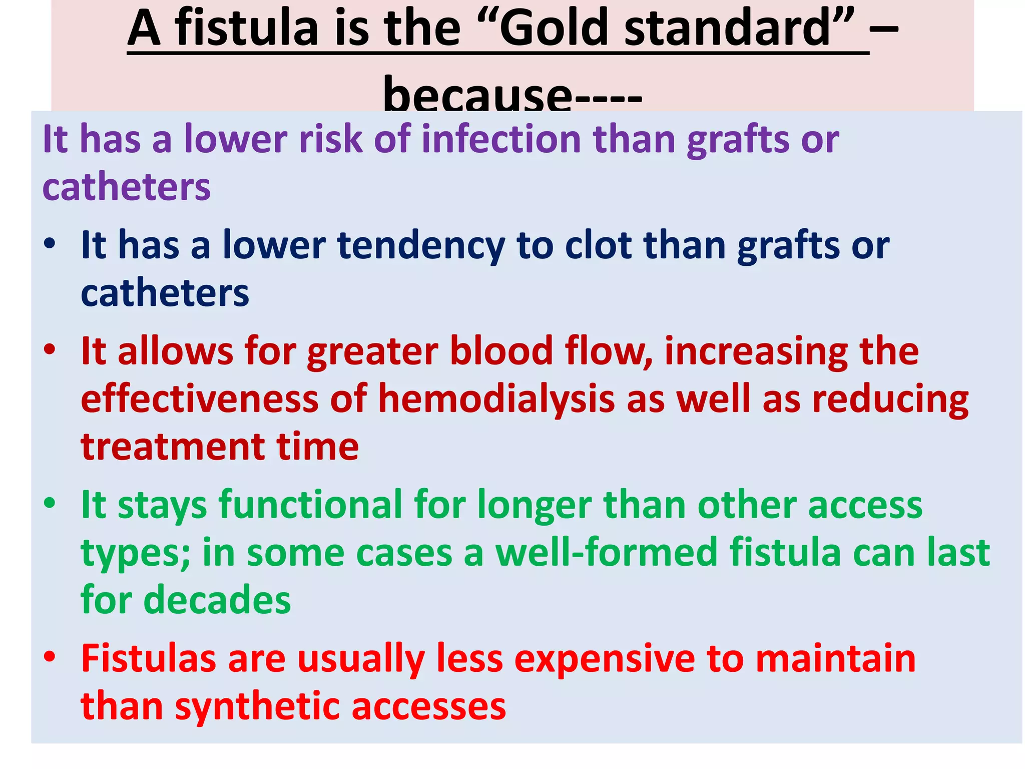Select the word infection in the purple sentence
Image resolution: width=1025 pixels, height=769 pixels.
501,139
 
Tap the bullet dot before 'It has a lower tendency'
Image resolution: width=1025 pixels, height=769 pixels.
50,244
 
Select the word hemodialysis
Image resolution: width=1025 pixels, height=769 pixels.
496,400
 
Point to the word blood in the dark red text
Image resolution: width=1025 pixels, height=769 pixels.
501,351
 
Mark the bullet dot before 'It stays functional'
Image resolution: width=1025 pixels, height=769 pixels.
50,503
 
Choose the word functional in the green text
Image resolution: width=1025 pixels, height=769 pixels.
311,505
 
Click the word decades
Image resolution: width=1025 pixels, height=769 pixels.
217,600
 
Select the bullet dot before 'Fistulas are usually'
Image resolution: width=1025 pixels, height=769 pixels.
50,656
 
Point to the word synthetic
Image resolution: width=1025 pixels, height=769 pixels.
258,706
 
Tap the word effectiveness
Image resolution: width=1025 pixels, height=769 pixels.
200,399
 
